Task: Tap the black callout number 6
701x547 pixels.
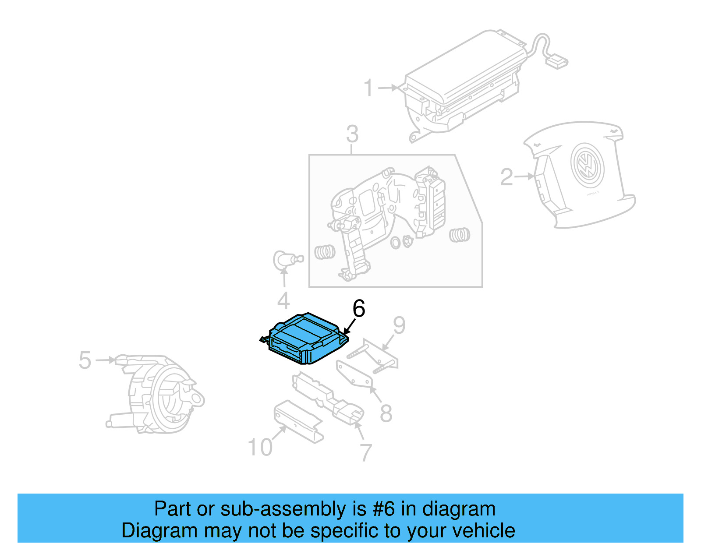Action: tap(359, 309)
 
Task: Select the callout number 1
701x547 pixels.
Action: tap(369, 88)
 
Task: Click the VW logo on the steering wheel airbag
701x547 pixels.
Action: tap(587, 166)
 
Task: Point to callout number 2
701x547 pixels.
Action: tap(506, 177)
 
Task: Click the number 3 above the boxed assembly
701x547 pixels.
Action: tap(352, 134)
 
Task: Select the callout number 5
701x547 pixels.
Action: tap(85, 360)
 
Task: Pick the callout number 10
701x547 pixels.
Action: tap(260, 447)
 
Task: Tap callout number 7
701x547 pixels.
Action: tap(366, 452)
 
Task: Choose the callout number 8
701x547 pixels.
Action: tap(386, 413)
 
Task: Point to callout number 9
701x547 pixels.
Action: tap(399, 325)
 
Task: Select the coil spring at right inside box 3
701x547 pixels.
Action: tap(459, 235)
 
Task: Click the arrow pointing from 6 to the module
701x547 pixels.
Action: tap(349, 327)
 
